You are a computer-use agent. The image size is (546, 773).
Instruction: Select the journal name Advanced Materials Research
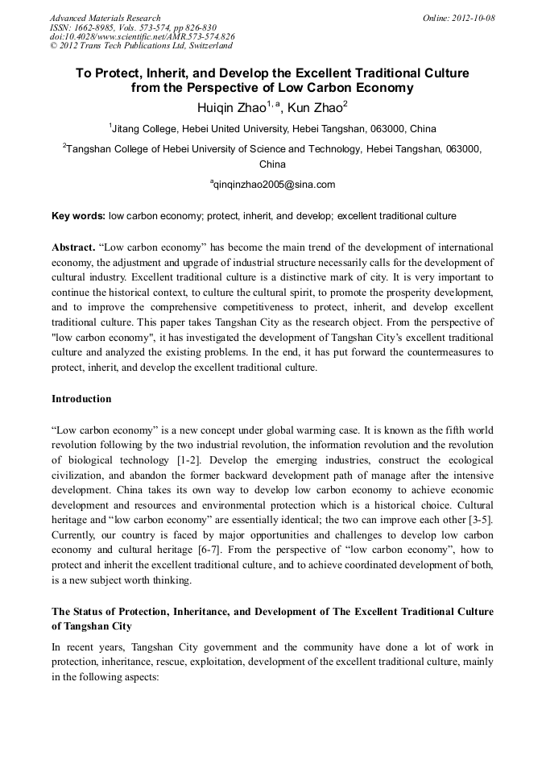[105, 18]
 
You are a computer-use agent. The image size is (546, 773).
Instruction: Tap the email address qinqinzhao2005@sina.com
[274, 185]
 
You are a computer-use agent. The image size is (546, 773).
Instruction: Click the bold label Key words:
[78, 216]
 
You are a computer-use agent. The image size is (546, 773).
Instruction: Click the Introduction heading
[81, 399]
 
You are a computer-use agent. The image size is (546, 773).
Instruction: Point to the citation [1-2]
[191, 459]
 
